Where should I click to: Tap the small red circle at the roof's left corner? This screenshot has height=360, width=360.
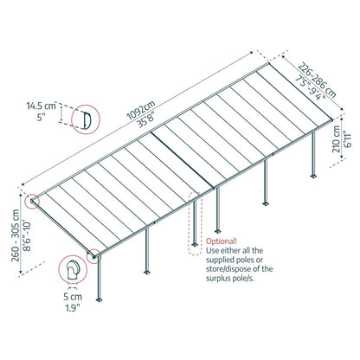pos(33,202)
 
